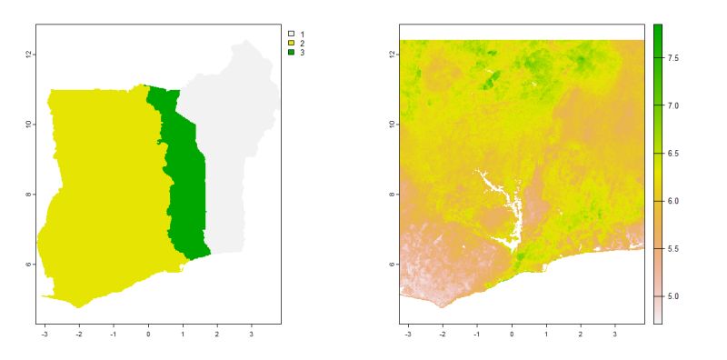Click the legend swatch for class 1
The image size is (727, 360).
292,34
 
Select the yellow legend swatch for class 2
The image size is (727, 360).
292,44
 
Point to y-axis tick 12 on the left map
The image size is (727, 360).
30,55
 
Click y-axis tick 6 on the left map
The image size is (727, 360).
30,265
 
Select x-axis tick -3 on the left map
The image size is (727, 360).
45,334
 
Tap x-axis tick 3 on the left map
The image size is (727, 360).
252,334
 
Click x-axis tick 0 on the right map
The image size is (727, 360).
512,334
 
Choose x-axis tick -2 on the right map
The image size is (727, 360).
443,334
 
